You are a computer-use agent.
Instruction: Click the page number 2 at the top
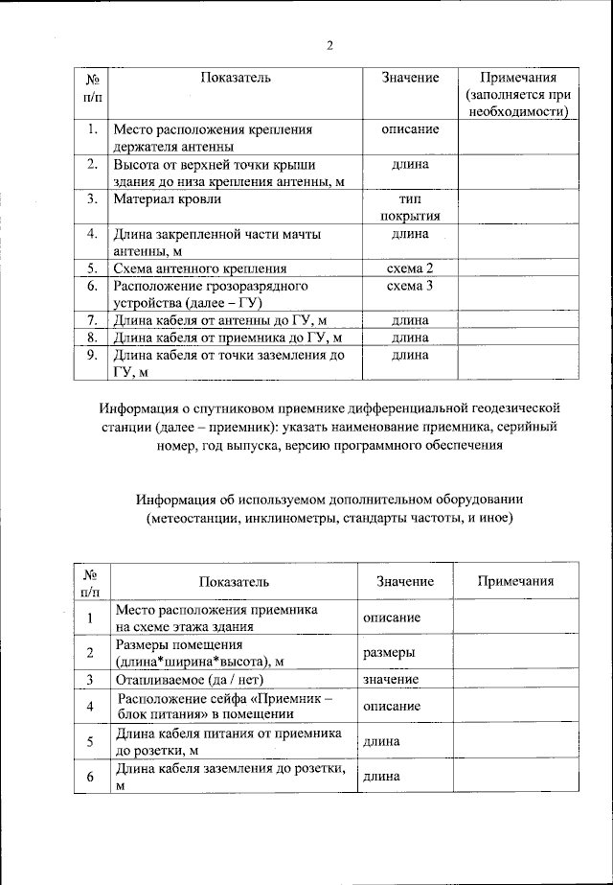tap(329, 44)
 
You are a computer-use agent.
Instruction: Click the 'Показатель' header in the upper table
tap(236, 77)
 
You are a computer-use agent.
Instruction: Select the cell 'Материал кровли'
tap(167, 199)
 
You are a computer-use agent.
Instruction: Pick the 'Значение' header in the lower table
tap(405, 582)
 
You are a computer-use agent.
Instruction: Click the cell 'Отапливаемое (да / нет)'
tap(185, 679)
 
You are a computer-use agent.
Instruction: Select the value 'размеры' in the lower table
tap(389, 652)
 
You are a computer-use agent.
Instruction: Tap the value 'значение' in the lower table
tap(391, 679)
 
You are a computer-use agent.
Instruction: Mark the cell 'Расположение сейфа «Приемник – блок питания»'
tap(223, 706)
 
